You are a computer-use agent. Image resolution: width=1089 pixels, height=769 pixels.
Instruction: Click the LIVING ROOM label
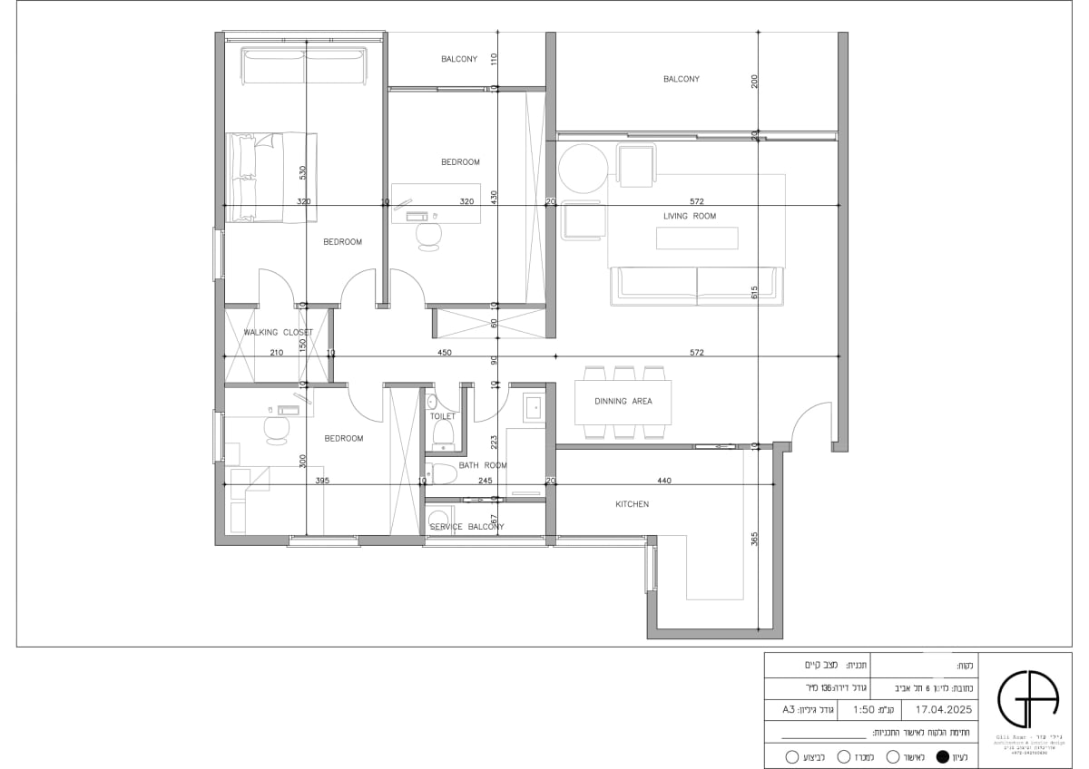(x=690, y=216)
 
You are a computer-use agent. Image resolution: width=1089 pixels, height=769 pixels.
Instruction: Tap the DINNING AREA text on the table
(x=623, y=401)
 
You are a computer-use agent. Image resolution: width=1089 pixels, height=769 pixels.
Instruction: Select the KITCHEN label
(x=633, y=504)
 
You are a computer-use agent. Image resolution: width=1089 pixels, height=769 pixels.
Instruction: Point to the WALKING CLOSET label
(x=278, y=332)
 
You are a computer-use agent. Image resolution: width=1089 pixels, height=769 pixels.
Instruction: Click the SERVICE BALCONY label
(x=466, y=527)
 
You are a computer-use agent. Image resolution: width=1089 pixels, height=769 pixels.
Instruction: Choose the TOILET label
(x=443, y=416)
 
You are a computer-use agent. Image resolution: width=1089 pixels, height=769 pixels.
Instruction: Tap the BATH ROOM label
(x=483, y=465)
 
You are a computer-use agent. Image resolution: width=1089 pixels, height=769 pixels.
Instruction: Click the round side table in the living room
(x=582, y=169)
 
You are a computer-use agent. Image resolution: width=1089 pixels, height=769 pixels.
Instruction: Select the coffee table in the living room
(x=697, y=238)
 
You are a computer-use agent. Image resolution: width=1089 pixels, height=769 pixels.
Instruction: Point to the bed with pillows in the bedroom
(x=271, y=177)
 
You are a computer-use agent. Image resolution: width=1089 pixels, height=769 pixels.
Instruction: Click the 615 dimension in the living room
(x=754, y=292)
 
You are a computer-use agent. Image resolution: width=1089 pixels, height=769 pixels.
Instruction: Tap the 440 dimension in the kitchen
(x=664, y=480)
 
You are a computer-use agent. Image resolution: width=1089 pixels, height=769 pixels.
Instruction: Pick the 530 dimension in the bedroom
(x=303, y=170)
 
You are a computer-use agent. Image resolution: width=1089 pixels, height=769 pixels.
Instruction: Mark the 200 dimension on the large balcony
(x=754, y=82)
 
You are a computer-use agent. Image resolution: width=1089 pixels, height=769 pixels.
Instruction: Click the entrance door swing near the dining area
(x=810, y=423)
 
